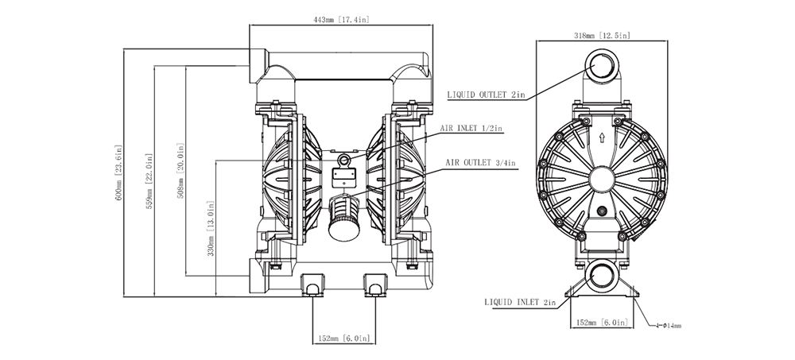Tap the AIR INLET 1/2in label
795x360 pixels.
471,126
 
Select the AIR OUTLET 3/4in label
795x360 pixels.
480,163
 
